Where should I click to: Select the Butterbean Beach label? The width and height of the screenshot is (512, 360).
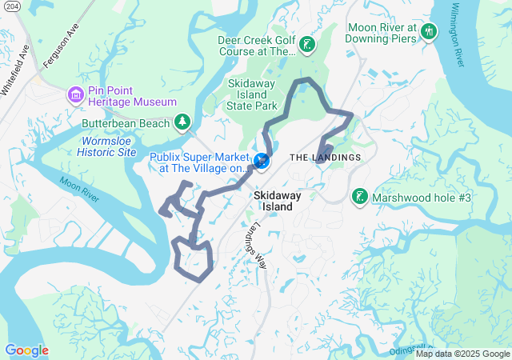click(x=126, y=123)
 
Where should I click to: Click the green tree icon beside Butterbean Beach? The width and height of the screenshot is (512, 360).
click(x=183, y=122)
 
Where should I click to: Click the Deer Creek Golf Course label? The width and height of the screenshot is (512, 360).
click(x=257, y=46)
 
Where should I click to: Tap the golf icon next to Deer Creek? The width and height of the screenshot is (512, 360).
click(x=307, y=46)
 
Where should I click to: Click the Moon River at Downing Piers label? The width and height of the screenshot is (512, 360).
click(x=382, y=32)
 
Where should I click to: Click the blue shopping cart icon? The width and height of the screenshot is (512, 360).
click(x=261, y=162)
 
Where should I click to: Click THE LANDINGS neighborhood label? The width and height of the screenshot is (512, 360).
click(x=325, y=157)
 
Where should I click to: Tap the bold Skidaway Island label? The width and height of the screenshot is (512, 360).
click(x=274, y=200)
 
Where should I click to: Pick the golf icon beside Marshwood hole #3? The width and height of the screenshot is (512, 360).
click(x=359, y=196)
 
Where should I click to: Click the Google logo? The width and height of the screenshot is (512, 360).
click(x=26, y=350)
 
